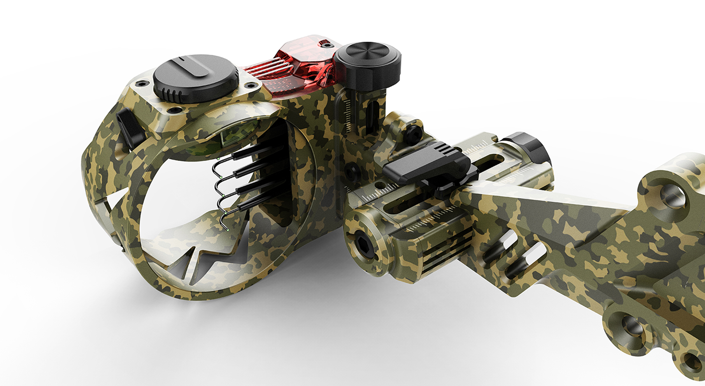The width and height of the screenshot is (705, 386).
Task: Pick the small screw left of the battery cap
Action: tap(142, 83)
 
